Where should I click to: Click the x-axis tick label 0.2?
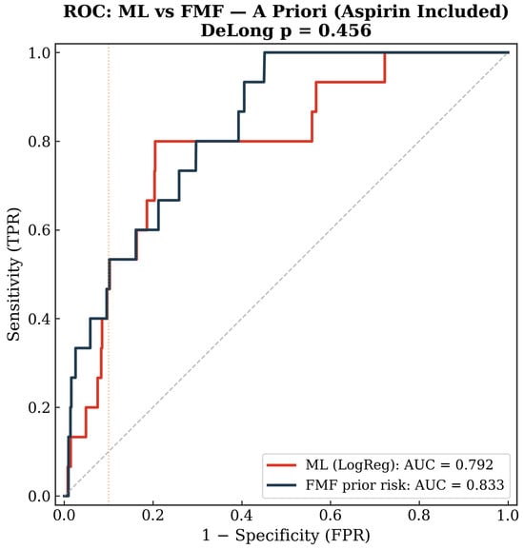[152, 516]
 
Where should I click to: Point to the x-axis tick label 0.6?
[331, 516]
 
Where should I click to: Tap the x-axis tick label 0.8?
[419, 516]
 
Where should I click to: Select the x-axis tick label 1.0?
[508, 516]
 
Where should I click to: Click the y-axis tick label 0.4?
[39, 319]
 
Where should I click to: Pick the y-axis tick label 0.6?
[39, 230]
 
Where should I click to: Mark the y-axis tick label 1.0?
[39, 52]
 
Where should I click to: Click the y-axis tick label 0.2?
[39, 407]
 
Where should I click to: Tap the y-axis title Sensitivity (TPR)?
[13, 274]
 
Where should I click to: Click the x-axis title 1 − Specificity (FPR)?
[286, 536]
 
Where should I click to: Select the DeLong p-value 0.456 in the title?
[345, 30]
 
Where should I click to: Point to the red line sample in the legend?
[281, 465]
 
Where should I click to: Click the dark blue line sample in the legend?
[281, 485]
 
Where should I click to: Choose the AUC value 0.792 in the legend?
[474, 465]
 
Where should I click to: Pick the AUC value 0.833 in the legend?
[485, 485]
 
